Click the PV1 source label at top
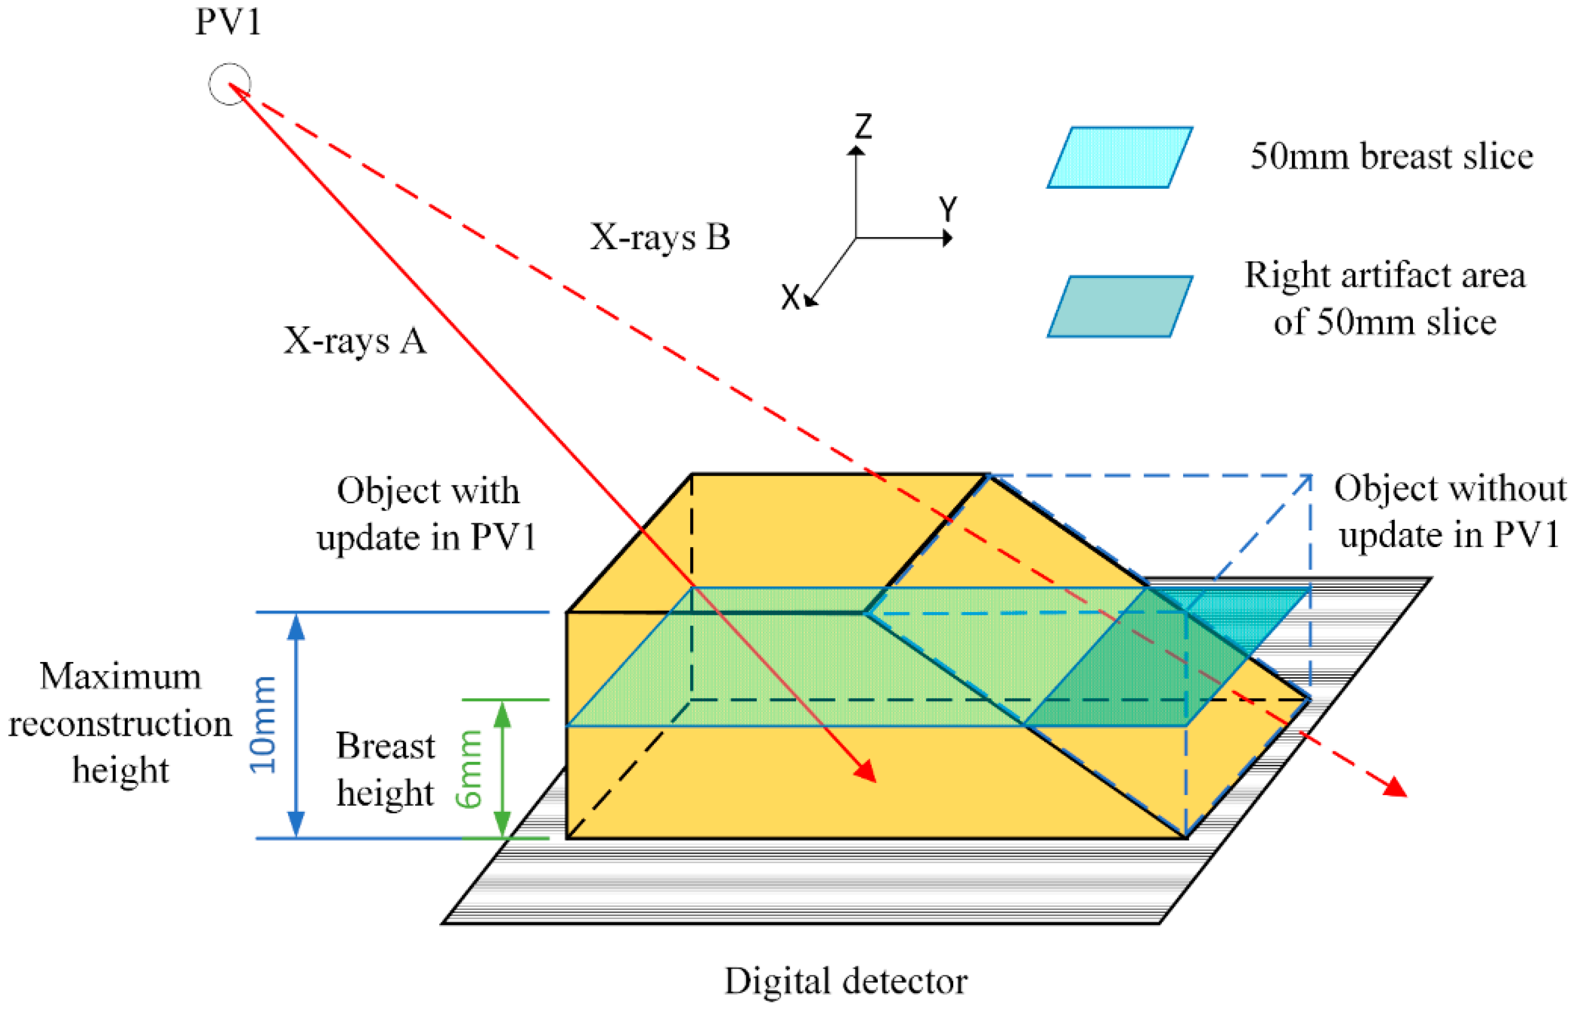229,22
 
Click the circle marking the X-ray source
229,84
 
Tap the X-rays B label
660,237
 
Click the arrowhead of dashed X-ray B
1396,788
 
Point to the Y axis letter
948,209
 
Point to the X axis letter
790,297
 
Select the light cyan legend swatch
1119,158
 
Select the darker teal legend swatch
1119,307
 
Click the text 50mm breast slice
1391,157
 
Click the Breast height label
385,770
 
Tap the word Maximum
120,676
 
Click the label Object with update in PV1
427,514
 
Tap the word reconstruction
120,724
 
